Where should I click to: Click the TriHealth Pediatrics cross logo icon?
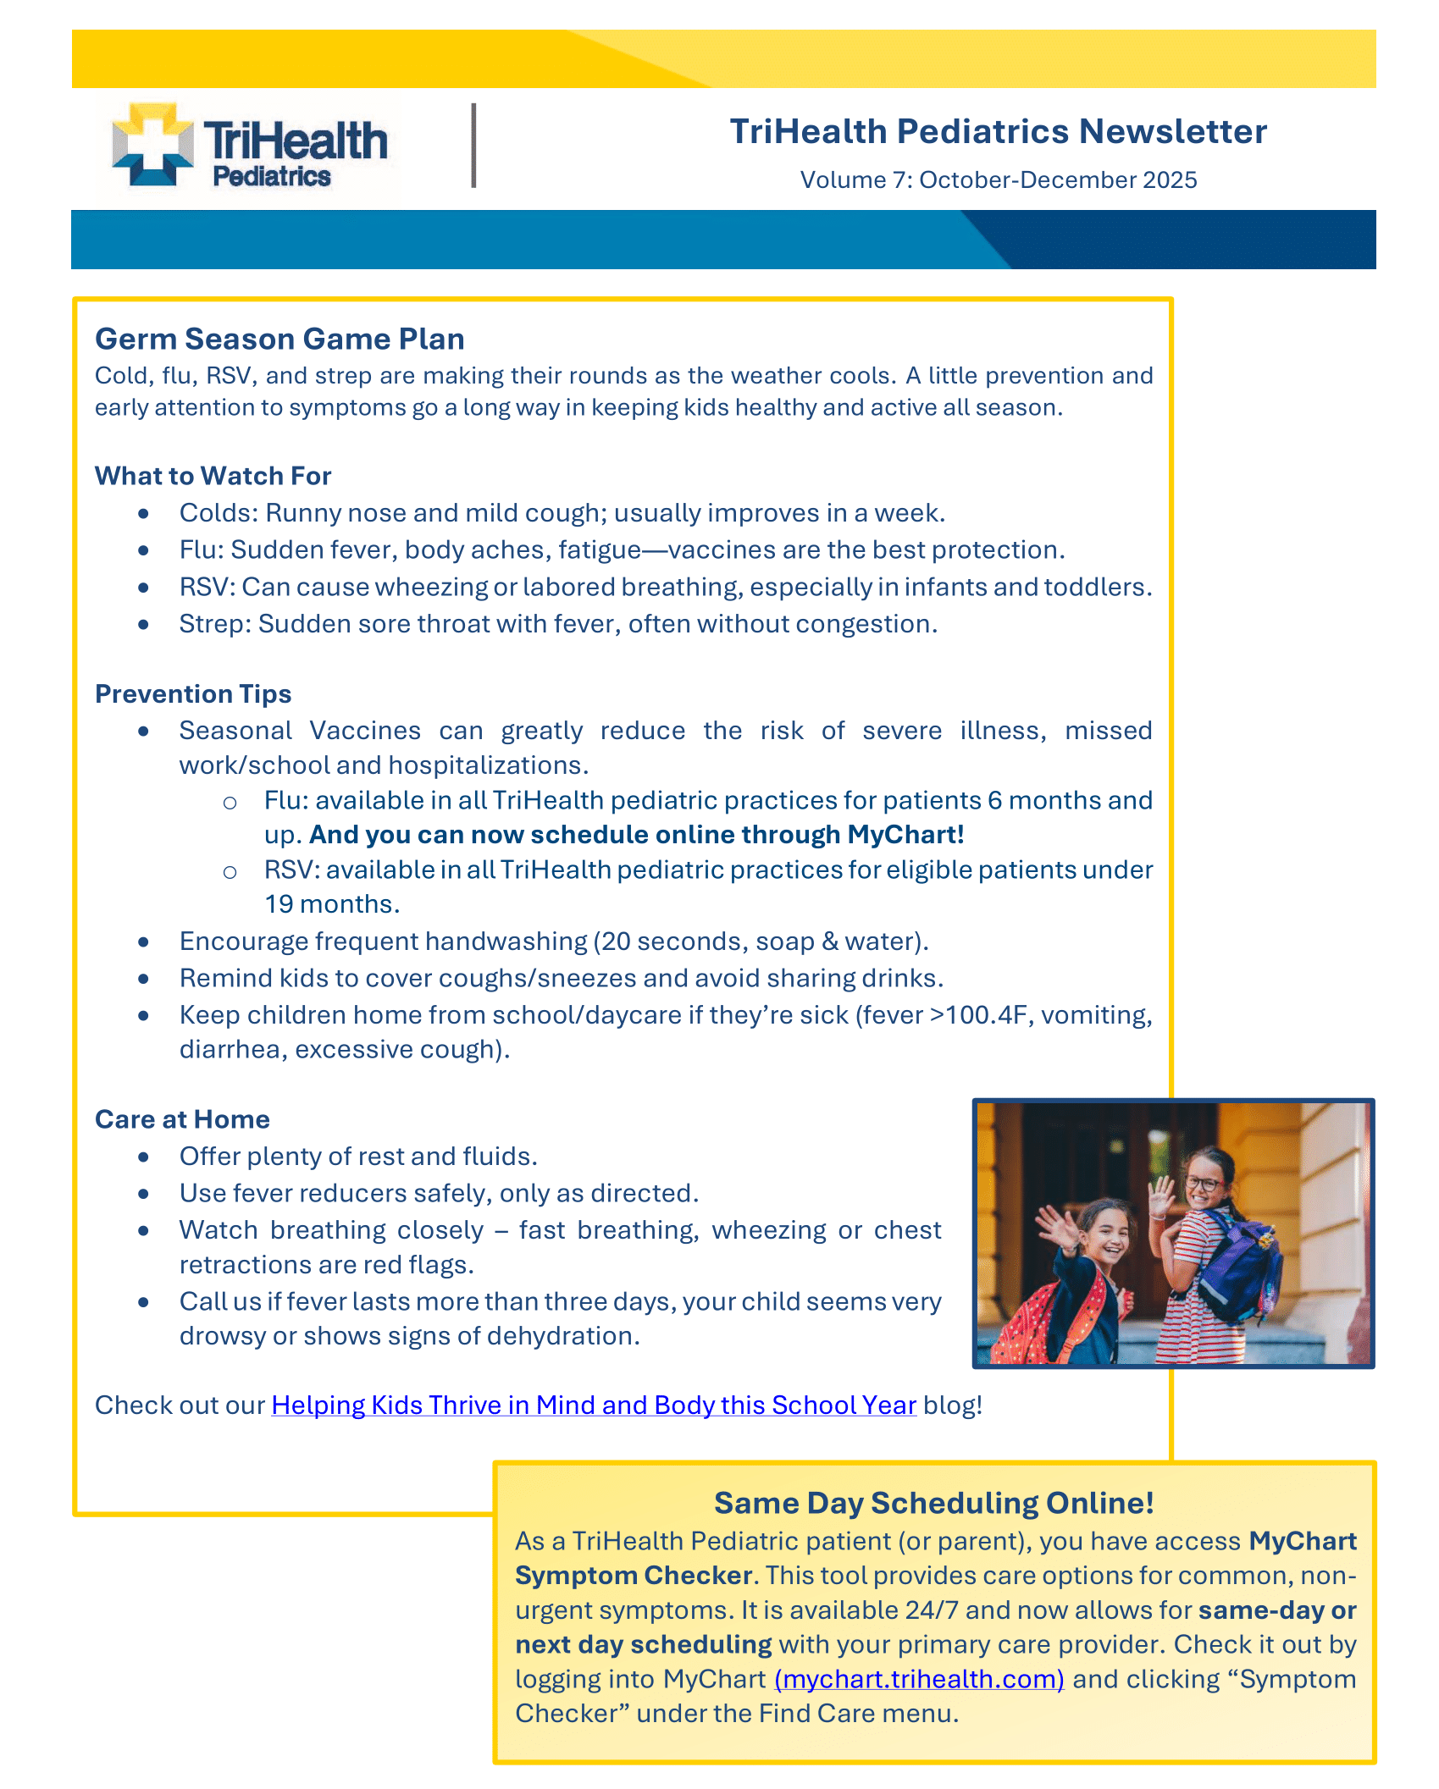coord(152,144)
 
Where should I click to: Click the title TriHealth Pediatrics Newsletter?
coord(998,131)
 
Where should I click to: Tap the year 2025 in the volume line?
coord(1170,180)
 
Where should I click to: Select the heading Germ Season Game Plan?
coord(279,339)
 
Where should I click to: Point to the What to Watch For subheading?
coord(213,476)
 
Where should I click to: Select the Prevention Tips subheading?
coord(193,693)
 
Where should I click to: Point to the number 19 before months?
coord(279,904)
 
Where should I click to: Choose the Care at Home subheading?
coord(182,1119)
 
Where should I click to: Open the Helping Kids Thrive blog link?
coord(593,1405)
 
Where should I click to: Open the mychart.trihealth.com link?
coord(919,1679)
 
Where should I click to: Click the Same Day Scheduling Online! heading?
coord(934,1503)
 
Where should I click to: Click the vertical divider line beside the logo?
coord(474,145)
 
